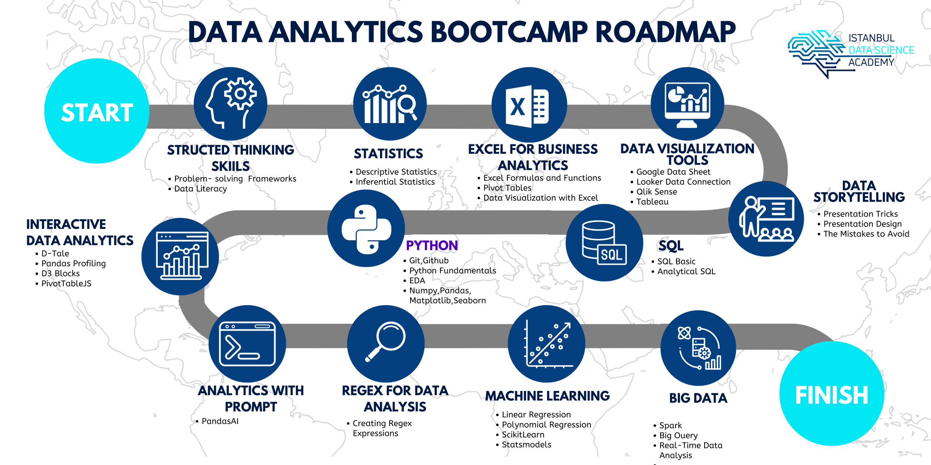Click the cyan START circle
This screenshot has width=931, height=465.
coord(96,111)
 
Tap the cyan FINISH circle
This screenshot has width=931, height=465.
coord(831,394)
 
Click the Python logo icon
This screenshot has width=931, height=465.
coord(366,229)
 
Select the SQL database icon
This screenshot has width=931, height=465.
coord(604,242)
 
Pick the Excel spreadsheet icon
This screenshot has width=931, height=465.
coord(529,105)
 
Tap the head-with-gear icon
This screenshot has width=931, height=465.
coord(230,104)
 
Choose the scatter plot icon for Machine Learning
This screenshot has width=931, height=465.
coord(547,344)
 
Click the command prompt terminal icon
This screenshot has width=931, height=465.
coord(247,344)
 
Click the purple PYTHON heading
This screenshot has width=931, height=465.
coord(432,246)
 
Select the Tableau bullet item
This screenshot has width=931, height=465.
coord(652,202)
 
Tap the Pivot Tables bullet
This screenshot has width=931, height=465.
coord(507,188)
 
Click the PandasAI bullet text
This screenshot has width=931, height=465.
coord(220,421)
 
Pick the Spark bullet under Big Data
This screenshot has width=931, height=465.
coord(671,425)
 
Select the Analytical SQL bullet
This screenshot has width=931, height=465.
coord(686,272)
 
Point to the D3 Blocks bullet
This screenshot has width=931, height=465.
coord(60,273)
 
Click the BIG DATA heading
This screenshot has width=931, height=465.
coord(698,398)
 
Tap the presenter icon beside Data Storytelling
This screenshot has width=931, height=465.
coord(766,219)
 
